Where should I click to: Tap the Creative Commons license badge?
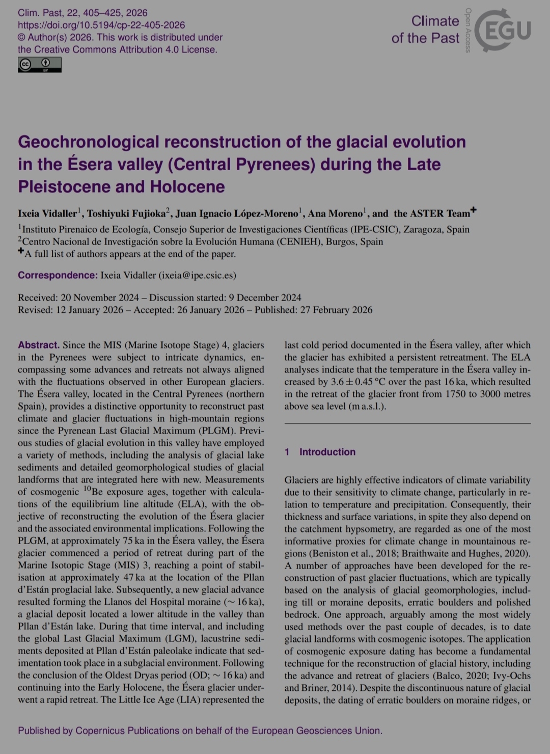point(40,64)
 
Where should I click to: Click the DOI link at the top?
point(101,25)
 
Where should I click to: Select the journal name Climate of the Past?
point(425,30)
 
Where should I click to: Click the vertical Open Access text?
point(468,31)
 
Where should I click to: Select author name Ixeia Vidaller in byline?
point(47,213)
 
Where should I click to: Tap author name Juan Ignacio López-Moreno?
point(237,213)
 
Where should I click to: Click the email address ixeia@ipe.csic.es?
point(197,275)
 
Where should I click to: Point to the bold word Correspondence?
point(58,275)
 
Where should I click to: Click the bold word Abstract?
point(39,345)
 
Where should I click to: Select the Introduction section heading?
point(327,452)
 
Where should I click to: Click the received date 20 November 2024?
point(99,298)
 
